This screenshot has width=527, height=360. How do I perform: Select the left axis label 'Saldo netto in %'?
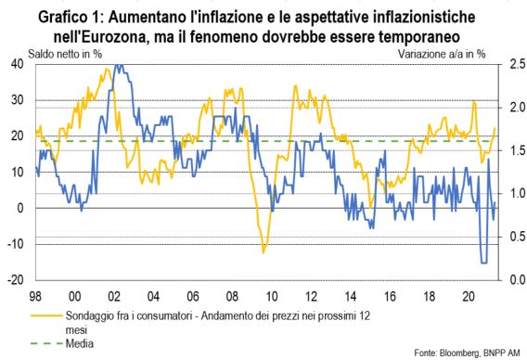click(x=65, y=54)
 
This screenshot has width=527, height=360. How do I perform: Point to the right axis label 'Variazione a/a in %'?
click(x=442, y=54)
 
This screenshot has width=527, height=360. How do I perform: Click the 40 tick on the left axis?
click(x=18, y=64)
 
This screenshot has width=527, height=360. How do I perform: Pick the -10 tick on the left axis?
click(x=16, y=244)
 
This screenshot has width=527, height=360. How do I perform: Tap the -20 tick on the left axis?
click(x=16, y=280)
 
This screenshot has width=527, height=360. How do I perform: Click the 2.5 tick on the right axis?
click(x=518, y=64)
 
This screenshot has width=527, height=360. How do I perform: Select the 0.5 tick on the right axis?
click(x=518, y=237)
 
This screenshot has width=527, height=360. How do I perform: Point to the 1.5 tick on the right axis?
click(x=518, y=150)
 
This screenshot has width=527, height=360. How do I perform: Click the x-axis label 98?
click(x=35, y=297)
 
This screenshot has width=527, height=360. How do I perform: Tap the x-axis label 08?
click(x=232, y=297)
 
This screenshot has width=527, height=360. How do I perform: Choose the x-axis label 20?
click(x=469, y=297)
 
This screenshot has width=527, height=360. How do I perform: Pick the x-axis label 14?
click(x=350, y=297)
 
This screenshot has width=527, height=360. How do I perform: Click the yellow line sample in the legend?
click(x=46, y=316)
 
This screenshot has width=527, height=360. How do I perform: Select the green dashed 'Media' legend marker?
click(x=46, y=343)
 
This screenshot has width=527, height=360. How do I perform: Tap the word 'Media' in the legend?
click(x=80, y=343)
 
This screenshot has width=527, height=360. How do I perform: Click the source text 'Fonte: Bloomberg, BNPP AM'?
click(x=468, y=353)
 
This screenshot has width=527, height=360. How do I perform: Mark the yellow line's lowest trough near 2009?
click(x=263, y=252)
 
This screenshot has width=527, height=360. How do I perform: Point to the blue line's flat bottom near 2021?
click(x=484, y=263)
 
